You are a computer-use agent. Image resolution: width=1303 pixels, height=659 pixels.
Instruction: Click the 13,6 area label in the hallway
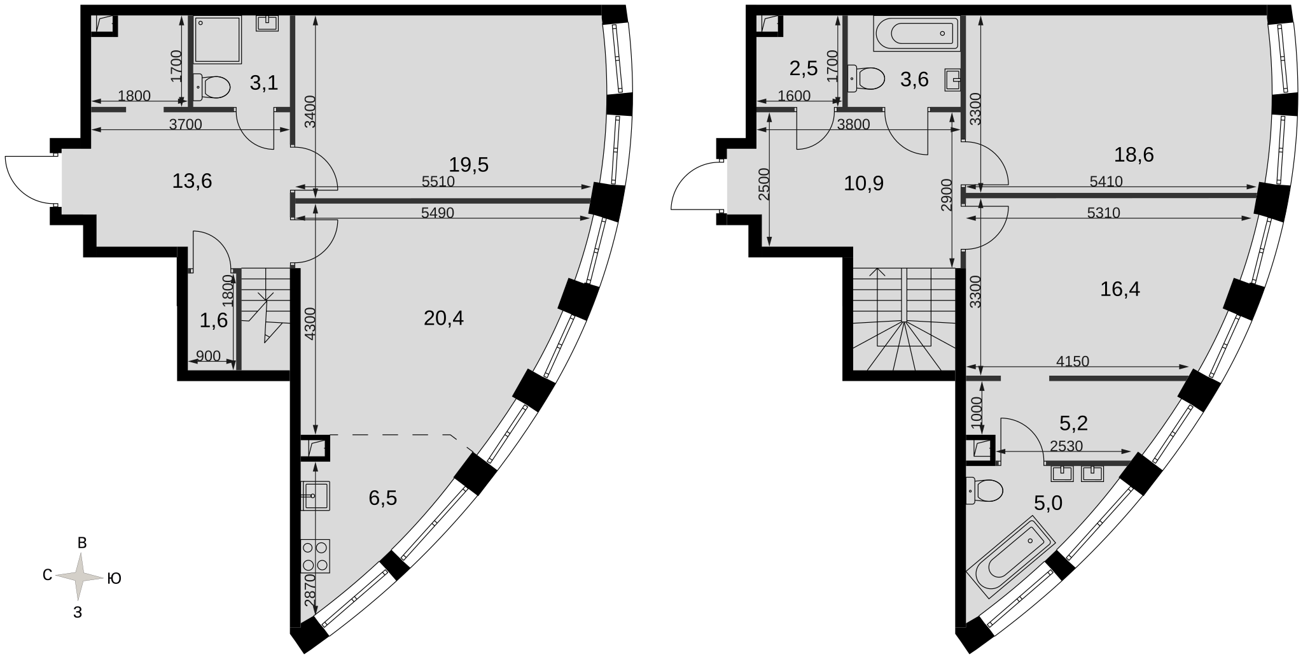tap(192, 181)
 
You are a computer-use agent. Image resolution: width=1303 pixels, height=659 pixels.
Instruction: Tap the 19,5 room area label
tap(469, 165)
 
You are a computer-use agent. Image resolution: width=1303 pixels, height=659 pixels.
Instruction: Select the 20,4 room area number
tap(443, 317)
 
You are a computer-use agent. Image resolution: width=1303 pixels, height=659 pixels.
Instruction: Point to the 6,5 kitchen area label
tap(383, 497)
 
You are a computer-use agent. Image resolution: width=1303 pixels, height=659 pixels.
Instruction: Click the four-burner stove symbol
tap(316, 556)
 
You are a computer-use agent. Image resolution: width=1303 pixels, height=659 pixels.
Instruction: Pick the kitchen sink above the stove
tap(316, 496)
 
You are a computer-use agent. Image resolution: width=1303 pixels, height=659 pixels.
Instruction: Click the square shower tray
tap(218, 39)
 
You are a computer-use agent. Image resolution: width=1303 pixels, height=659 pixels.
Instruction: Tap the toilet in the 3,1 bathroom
tap(211, 87)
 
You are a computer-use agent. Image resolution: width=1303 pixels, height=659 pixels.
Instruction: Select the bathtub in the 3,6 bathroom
tap(916, 33)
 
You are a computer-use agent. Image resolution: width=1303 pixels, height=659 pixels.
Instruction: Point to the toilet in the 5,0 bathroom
tap(984, 490)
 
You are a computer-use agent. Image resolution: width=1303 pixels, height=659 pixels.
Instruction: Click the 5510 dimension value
tap(438, 181)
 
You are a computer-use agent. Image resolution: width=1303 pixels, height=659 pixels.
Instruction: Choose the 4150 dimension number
tap(1073, 362)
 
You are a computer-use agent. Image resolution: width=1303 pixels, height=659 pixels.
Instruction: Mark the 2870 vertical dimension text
tap(309, 590)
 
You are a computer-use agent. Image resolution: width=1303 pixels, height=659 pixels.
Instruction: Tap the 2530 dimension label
tap(1066, 446)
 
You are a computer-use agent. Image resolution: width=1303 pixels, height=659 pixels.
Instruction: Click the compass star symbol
tap(79, 577)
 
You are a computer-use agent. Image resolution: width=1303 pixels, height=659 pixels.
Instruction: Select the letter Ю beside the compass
tap(114, 578)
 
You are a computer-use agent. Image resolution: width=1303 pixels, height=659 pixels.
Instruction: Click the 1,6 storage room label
tap(214, 320)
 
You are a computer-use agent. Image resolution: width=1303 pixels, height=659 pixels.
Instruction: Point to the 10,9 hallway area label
tap(864, 183)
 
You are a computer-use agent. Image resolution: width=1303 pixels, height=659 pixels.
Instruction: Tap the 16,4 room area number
tap(1120, 290)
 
